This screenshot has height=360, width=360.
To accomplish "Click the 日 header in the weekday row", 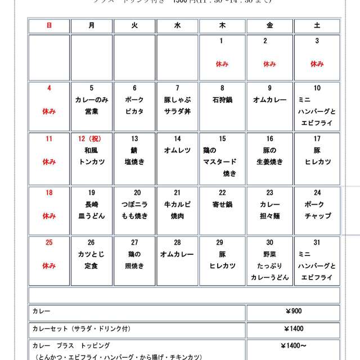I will pyautogui.click(x=49, y=26).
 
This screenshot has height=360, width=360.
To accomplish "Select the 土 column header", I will pyautogui.click(x=317, y=26).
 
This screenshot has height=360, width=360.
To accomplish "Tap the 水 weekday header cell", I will pyautogui.click(x=178, y=26).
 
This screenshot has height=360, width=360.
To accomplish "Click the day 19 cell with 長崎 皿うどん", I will pyautogui.click(x=91, y=209).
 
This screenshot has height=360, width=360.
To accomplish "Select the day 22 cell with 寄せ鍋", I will pyautogui.click(x=222, y=209).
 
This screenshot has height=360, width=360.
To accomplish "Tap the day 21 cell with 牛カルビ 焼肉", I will pyautogui.click(x=178, y=209).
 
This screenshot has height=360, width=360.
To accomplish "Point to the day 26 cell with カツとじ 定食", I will pyautogui.click(x=91, y=260).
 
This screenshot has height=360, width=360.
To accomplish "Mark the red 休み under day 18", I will pyautogui.click(x=49, y=216).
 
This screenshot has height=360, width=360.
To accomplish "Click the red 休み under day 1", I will pyautogui.click(x=222, y=64).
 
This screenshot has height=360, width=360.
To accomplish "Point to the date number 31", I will pyautogui.click(x=317, y=242).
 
